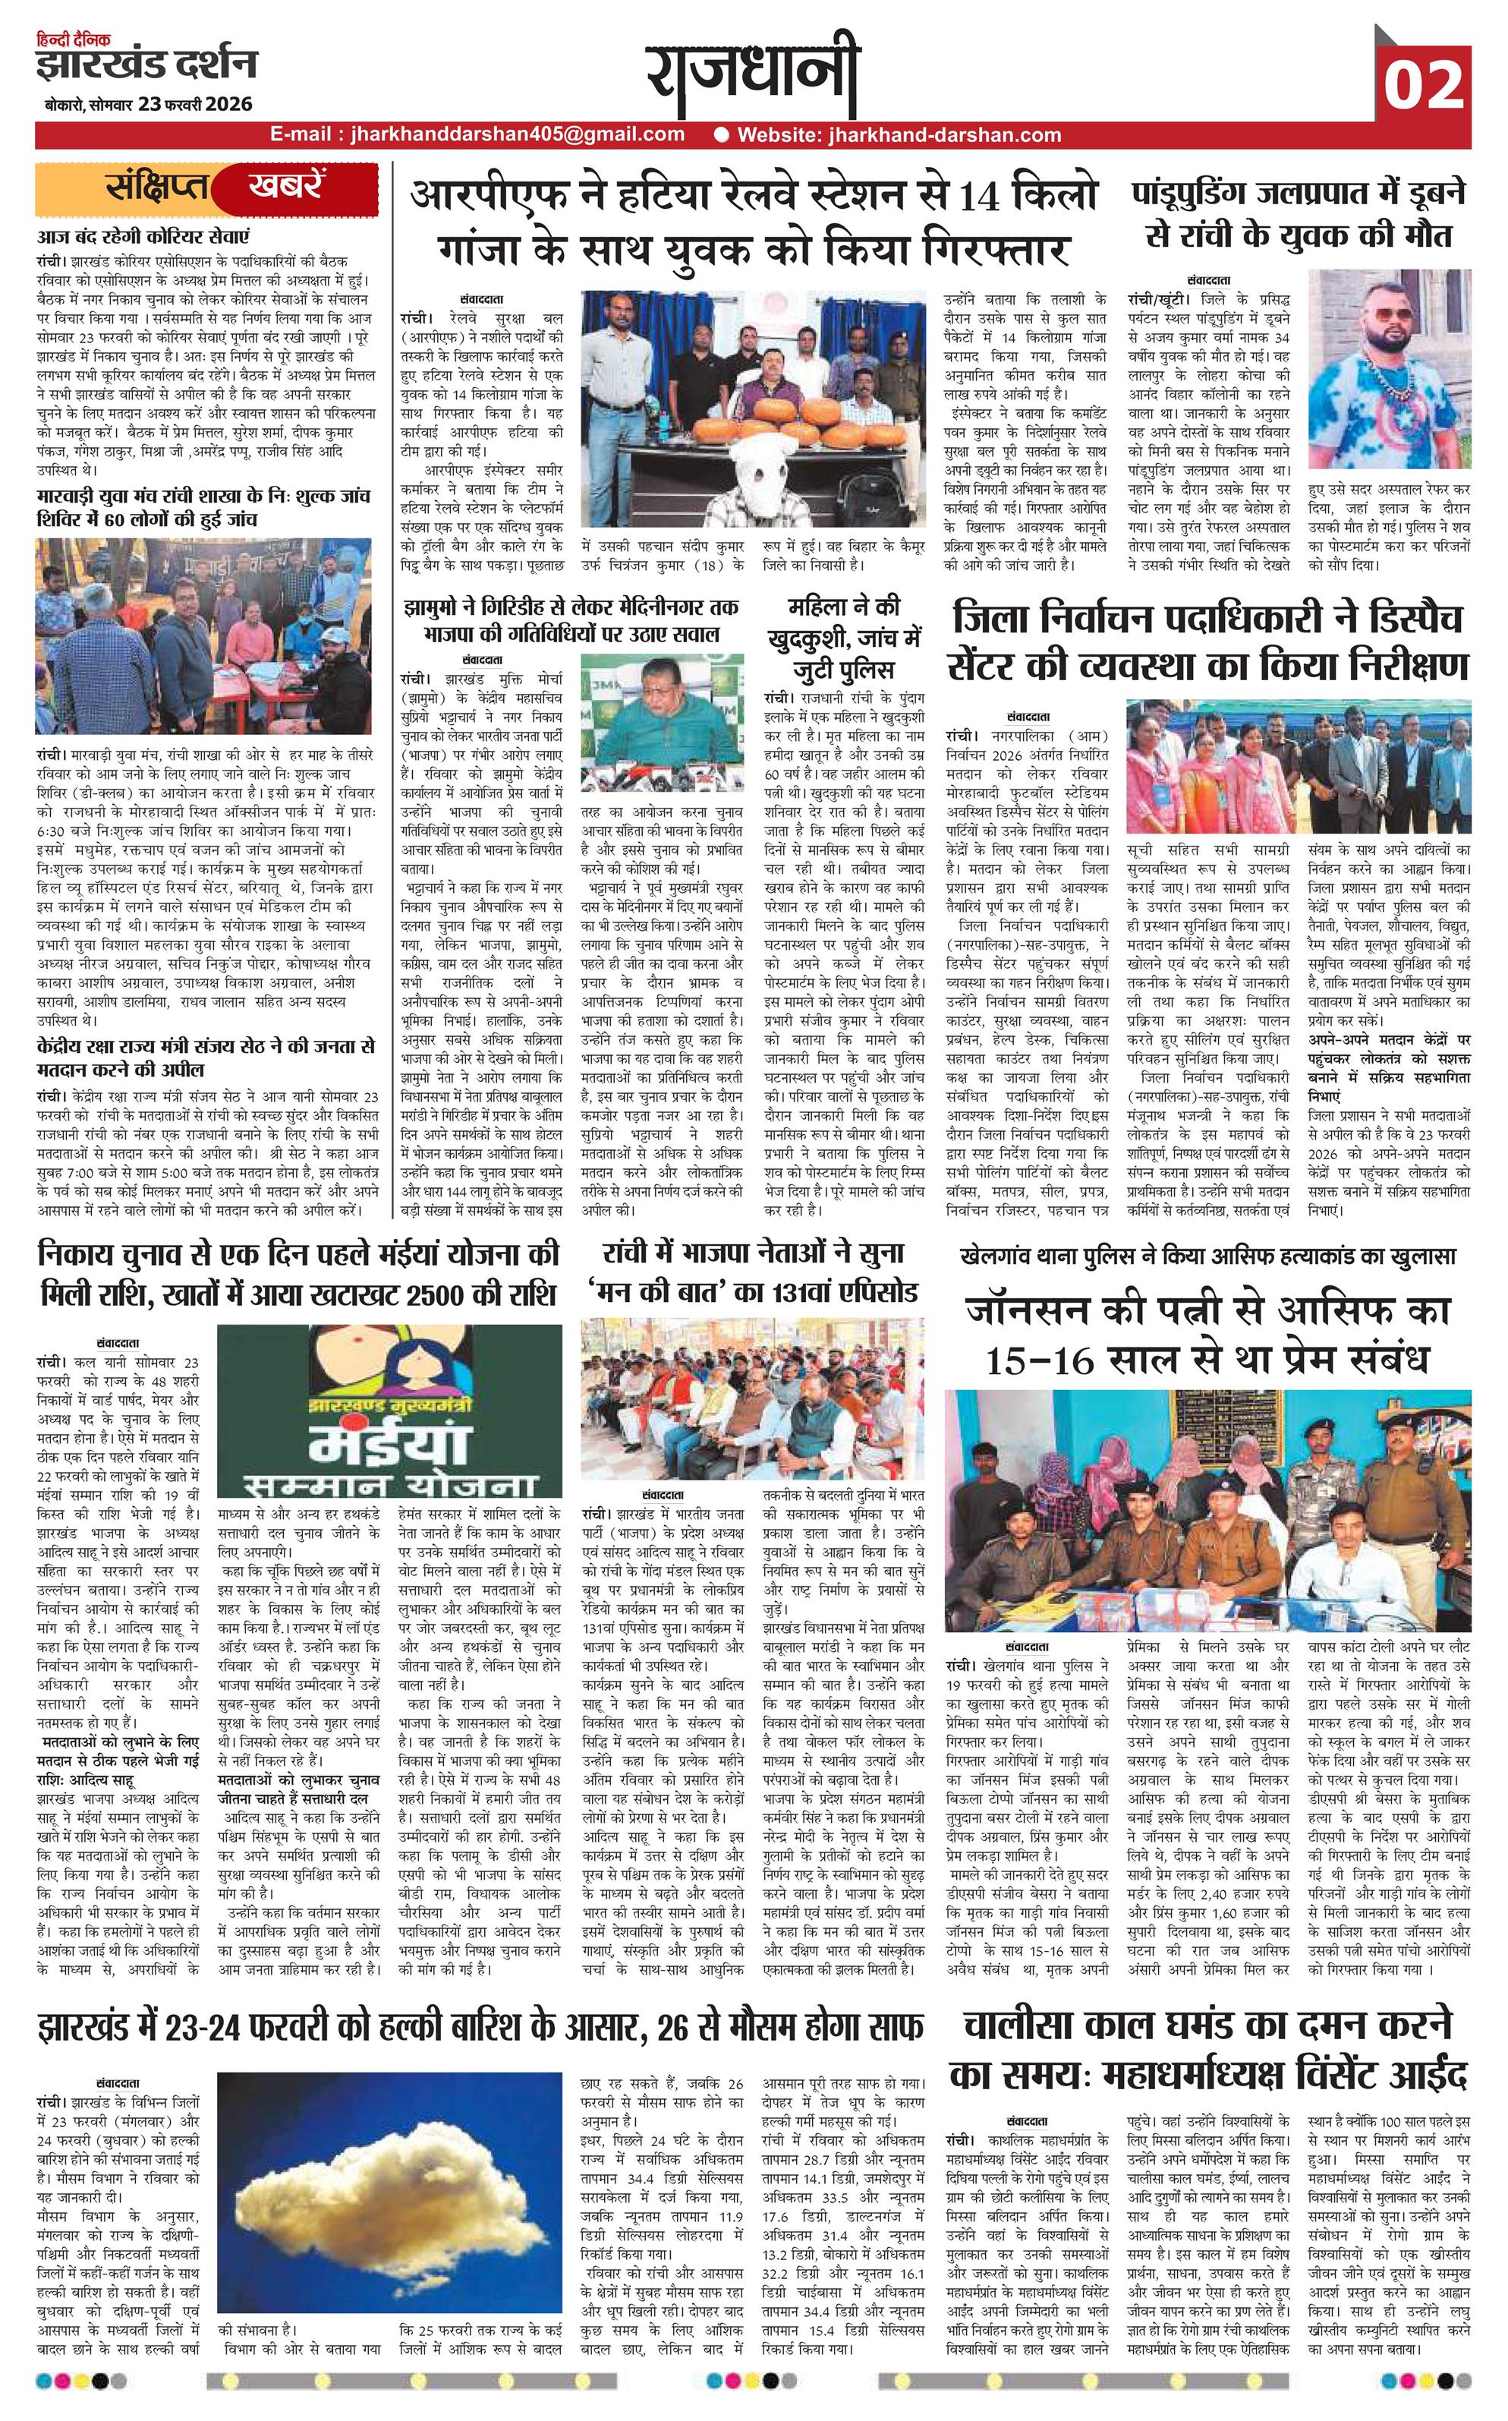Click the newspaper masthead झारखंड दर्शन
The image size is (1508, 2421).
[x=145, y=65]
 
